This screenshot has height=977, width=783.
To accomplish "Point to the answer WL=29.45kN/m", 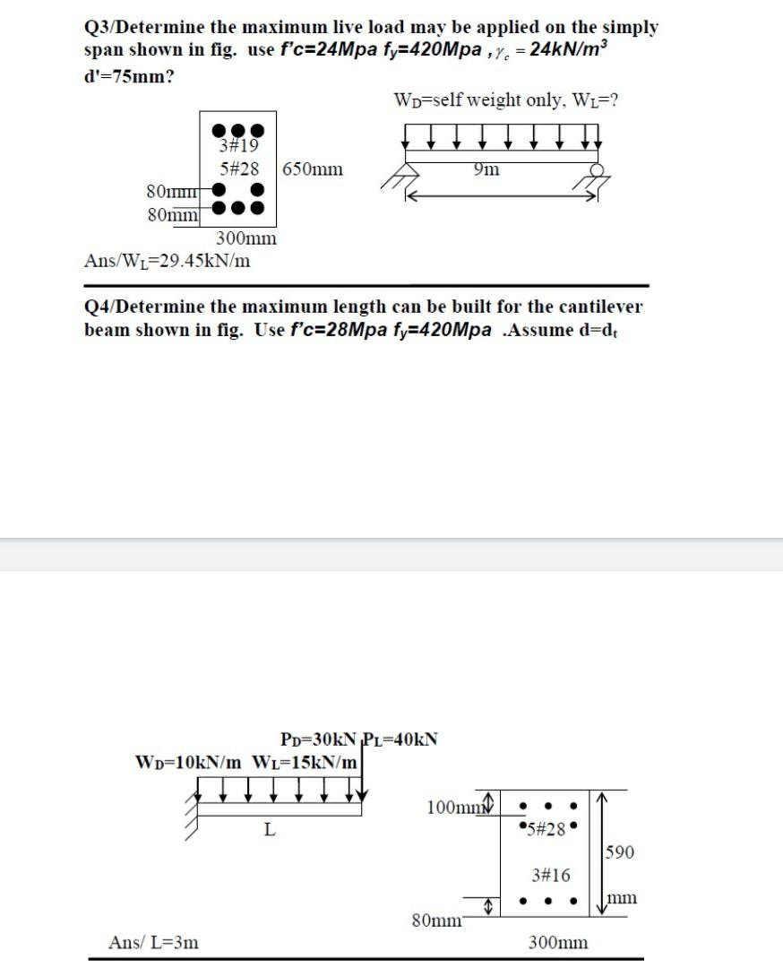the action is pyautogui.click(x=167, y=261).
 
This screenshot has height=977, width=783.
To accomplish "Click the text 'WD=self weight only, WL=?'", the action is pyautogui.click(x=506, y=99).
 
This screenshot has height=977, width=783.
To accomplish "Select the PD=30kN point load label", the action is pyautogui.click(x=318, y=740).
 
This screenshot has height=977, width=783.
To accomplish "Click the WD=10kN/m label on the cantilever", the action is pyautogui.click(x=187, y=763).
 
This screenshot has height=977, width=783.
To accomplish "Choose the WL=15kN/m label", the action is pyautogui.click(x=306, y=763).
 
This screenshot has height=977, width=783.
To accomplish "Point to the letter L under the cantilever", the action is pyautogui.click(x=269, y=829).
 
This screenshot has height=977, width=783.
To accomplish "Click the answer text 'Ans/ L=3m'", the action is pyautogui.click(x=154, y=942).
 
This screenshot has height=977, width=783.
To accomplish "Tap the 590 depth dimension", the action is pyautogui.click(x=621, y=852).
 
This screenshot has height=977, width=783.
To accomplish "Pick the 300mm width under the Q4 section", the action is pyautogui.click(x=558, y=942).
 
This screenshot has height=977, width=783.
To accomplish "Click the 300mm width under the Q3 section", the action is pyautogui.click(x=246, y=238).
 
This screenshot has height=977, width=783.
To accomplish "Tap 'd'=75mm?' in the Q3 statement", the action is pyautogui.click(x=128, y=75).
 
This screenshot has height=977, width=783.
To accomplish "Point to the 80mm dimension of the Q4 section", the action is pyautogui.click(x=436, y=920).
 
